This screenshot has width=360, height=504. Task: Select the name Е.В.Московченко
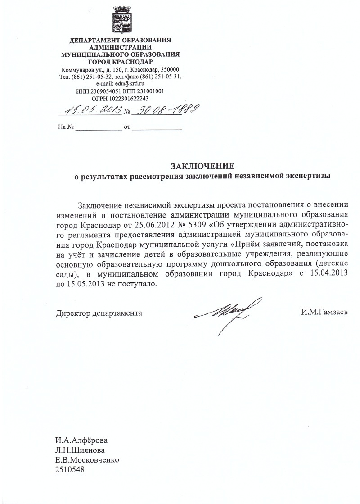click(x=88, y=460)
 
